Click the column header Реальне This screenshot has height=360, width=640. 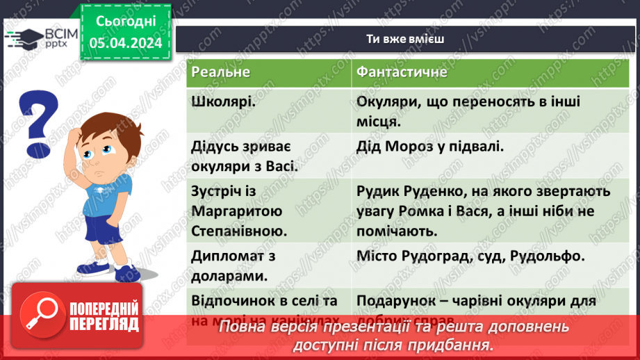220,72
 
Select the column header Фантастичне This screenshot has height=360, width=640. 402,72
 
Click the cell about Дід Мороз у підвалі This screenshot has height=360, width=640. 429,147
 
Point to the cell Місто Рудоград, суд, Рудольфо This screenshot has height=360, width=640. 470,256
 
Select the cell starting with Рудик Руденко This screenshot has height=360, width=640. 483,210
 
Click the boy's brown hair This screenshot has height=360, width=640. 105,125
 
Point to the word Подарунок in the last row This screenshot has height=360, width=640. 387,300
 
